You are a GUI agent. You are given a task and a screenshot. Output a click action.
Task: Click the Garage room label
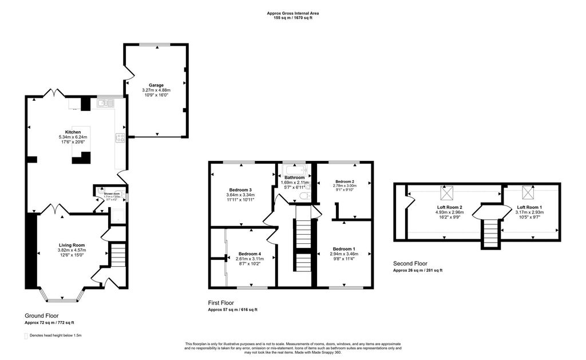[x=156, y=85]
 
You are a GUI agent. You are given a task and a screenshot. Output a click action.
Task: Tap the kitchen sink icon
[x=105, y=103]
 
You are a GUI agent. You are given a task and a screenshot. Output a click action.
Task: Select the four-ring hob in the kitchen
[x=121, y=137]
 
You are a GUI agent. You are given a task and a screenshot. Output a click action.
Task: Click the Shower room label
[x=112, y=194]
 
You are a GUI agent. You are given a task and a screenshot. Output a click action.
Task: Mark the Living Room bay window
[x=62, y=299]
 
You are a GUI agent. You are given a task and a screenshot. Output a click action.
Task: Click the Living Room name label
[x=72, y=245]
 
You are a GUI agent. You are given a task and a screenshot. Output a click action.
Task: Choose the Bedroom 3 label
[x=241, y=189]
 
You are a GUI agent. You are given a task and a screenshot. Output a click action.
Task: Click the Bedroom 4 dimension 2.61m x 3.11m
[x=249, y=259]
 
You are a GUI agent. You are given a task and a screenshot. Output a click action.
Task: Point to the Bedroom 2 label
[x=345, y=181]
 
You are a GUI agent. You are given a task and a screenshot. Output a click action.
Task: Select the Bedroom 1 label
[x=343, y=248]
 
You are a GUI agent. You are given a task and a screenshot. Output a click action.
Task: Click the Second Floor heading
[x=411, y=264]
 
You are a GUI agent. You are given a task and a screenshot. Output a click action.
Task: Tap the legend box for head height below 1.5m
[x=26, y=335]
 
